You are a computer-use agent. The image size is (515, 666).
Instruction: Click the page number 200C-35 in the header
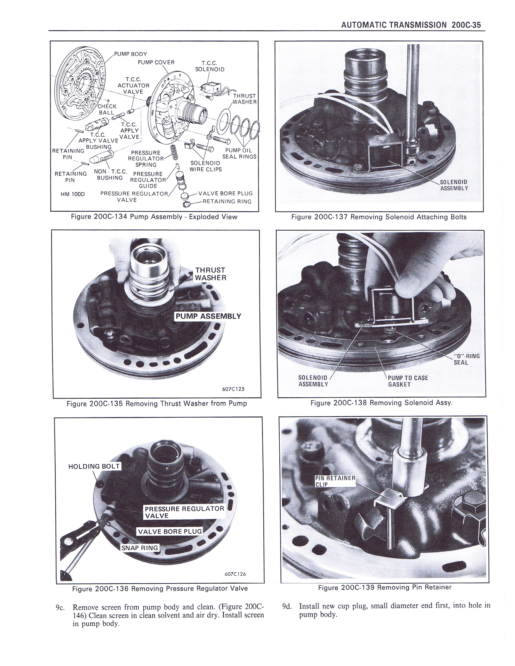(x=465, y=25)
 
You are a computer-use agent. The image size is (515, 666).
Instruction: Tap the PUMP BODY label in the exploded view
(x=131, y=54)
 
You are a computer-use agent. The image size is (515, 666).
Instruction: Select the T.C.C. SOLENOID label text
(x=210, y=66)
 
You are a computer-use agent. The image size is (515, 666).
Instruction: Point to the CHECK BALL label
(x=107, y=109)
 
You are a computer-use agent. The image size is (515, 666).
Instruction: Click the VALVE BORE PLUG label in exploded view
(x=225, y=193)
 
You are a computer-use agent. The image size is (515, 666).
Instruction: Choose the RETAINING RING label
(x=227, y=201)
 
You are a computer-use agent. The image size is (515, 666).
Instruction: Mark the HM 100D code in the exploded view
(x=73, y=194)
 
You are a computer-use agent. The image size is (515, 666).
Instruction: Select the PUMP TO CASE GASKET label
(x=408, y=381)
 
